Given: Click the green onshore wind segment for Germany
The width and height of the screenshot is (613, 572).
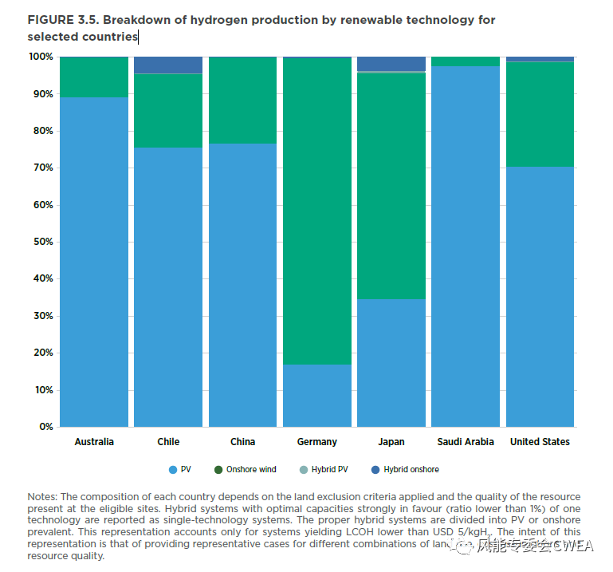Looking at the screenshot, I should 316,211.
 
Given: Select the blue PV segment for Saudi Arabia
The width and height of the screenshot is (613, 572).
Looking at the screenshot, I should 466,247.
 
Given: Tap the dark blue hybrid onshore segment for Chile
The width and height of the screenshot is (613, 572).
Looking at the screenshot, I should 168,65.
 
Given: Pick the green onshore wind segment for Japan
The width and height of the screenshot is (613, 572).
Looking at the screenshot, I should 391,186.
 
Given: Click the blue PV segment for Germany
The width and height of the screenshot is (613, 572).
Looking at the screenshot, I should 316,396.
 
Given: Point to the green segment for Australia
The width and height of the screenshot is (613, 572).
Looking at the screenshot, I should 94,77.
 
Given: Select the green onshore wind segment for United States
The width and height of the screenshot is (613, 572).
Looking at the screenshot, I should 540,114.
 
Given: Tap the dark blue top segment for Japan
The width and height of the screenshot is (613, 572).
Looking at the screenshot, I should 391,63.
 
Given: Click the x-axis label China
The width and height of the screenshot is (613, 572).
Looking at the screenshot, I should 242,442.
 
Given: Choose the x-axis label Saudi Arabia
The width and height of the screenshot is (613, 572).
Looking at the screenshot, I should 466,442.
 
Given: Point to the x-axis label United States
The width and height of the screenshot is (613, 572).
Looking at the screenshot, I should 540,442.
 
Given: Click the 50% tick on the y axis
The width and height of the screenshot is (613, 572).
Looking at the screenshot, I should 41,242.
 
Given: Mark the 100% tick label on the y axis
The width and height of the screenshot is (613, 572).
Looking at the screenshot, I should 40,57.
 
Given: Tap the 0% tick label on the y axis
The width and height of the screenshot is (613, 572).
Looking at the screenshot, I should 45,427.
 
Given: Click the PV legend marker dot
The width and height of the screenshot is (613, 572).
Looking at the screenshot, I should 172,469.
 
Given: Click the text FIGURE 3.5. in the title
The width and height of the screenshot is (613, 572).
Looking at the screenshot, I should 62,20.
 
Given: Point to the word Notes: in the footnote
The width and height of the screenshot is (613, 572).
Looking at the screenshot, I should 42,496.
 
